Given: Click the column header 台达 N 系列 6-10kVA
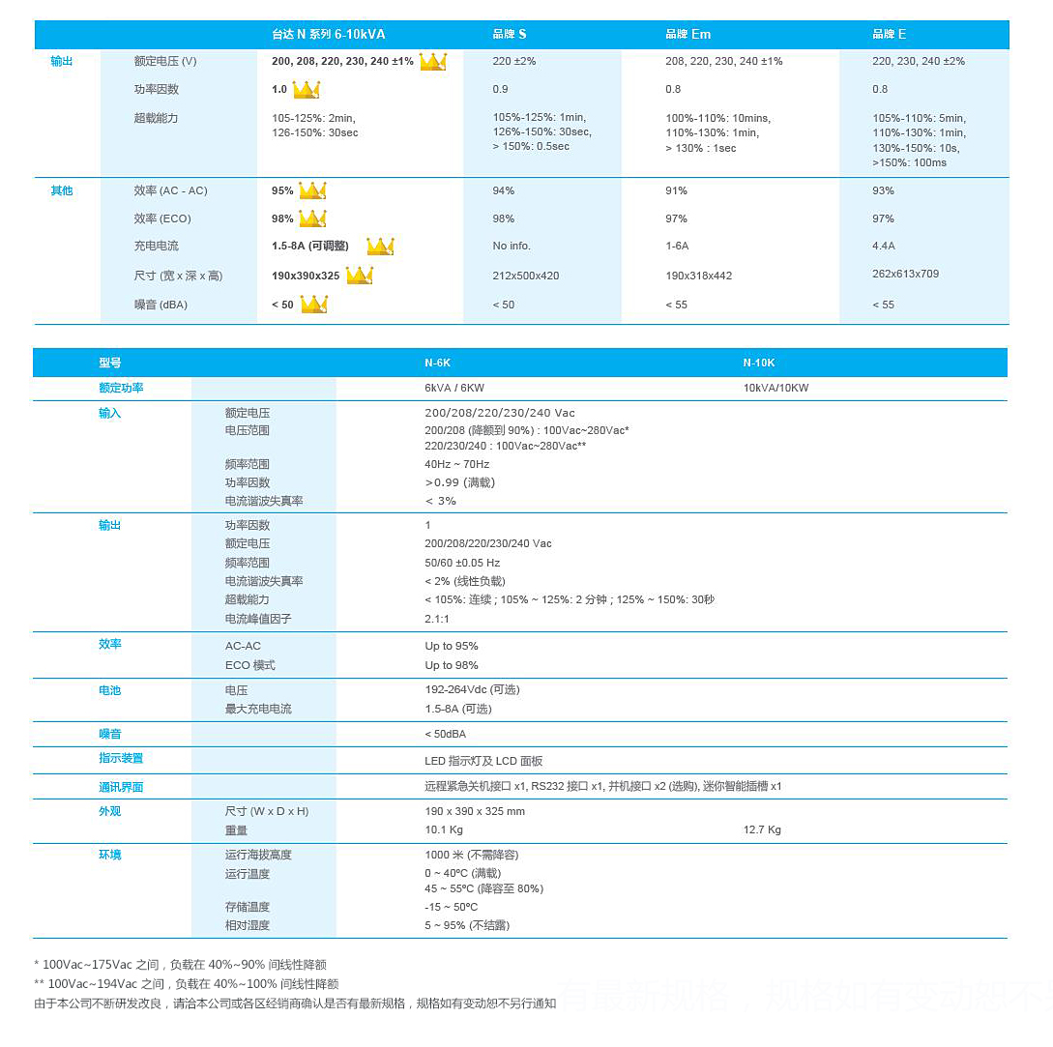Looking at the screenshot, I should pyautogui.click(x=329, y=35).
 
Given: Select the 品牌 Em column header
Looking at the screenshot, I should pyautogui.click(x=687, y=35).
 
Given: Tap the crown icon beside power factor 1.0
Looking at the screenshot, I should pyautogui.click(x=307, y=90).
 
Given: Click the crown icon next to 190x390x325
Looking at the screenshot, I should pyautogui.click(x=360, y=276).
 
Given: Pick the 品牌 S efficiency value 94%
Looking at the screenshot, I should pyautogui.click(x=504, y=191).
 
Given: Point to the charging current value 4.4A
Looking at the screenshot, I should pyautogui.click(x=884, y=247).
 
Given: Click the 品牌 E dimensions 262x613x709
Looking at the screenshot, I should pyautogui.click(x=905, y=275).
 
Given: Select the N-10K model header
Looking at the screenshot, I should pyautogui.click(x=759, y=364).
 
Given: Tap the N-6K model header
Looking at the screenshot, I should pyautogui.click(x=438, y=364).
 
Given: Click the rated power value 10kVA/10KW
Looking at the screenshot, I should pyautogui.click(x=775, y=389).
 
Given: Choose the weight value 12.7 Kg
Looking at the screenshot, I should pyautogui.click(x=762, y=830).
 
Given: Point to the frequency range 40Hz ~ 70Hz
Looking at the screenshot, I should pyautogui.click(x=457, y=465).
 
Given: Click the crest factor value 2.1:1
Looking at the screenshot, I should pyautogui.click(x=437, y=620).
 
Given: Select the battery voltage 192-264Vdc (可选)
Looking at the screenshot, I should pyautogui.click(x=472, y=690).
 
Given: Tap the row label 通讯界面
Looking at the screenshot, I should pyautogui.click(x=121, y=788).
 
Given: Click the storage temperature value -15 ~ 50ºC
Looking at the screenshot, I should pyautogui.click(x=452, y=908).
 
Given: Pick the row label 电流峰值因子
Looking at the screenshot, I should pyautogui.click(x=258, y=620).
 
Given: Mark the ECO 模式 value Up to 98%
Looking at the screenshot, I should pyautogui.click(x=452, y=666).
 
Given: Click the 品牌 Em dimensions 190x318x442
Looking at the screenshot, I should pyautogui.click(x=698, y=276).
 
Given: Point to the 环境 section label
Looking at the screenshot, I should pyautogui.click(x=110, y=856).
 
